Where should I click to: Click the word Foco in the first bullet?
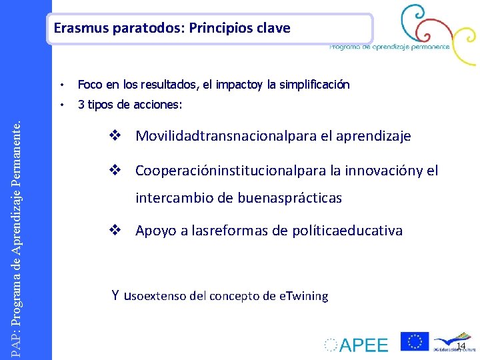point(88,85)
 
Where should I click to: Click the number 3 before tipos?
point(81,105)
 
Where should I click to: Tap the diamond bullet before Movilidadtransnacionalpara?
point(114,136)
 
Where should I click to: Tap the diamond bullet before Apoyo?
point(114,231)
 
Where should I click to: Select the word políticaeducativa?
point(347,231)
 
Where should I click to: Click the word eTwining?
point(303,296)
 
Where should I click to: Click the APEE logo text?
point(363,345)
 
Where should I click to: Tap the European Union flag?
point(414,341)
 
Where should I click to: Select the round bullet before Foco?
point(61,85)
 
